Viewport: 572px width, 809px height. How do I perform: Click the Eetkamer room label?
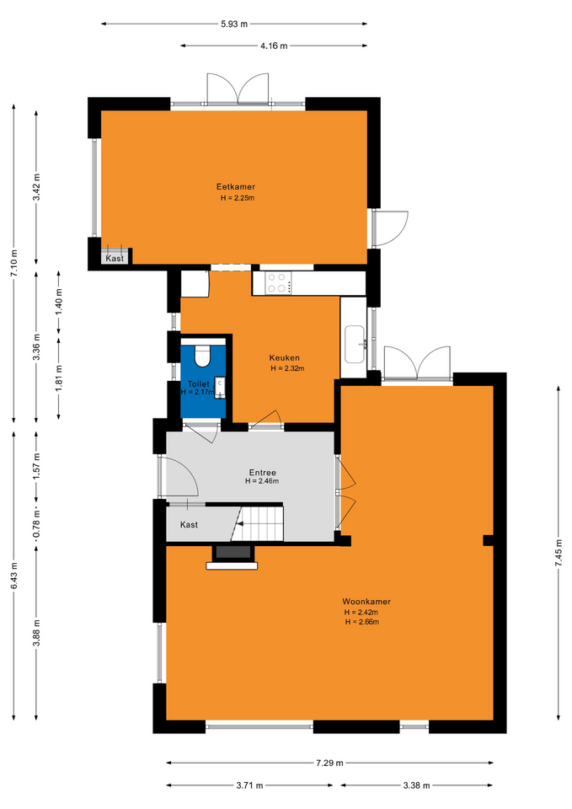[235, 187]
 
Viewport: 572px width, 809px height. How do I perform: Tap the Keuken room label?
[284, 358]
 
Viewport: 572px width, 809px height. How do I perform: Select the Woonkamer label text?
[366, 602]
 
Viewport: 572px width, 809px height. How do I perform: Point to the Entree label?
[263, 473]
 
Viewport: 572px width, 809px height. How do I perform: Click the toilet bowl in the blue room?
[202, 355]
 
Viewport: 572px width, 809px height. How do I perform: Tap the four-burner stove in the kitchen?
[278, 283]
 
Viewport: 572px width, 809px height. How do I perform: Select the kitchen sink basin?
[355, 344]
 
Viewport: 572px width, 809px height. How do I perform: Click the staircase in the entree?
[258, 523]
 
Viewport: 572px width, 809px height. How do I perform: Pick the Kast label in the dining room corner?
[115, 259]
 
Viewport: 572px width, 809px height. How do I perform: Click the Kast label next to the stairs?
[189, 525]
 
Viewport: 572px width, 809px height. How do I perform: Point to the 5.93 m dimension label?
[234, 24]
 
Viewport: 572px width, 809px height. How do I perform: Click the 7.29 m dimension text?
[329, 763]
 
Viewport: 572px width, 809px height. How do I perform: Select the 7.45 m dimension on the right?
[558, 553]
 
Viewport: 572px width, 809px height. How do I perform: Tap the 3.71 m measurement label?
[249, 785]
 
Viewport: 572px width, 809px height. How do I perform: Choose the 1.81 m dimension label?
[59, 378]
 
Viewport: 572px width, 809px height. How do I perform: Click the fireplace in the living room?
[233, 557]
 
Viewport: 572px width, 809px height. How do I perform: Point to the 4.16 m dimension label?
[274, 46]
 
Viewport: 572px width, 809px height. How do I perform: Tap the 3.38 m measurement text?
[416, 785]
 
